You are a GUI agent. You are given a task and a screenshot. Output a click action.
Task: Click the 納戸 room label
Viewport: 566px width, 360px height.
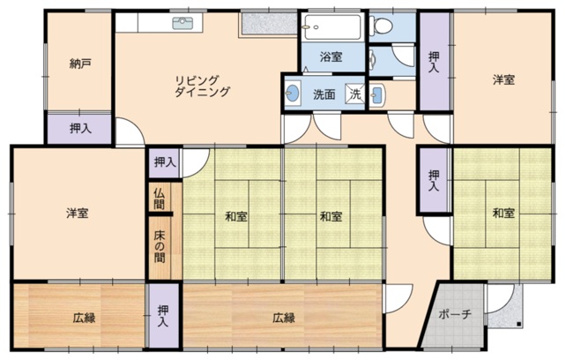(x=79, y=64)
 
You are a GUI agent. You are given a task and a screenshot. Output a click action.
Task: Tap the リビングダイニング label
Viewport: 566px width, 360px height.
(x=202, y=86)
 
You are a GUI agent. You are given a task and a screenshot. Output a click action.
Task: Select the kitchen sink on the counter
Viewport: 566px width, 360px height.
(x=182, y=23)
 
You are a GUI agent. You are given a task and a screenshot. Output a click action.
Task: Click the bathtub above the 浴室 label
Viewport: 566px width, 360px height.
(x=331, y=27)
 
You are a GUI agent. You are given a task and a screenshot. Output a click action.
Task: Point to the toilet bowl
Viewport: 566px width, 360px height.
(x=383, y=25)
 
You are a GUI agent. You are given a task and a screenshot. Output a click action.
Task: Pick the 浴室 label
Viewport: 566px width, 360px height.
(x=331, y=56)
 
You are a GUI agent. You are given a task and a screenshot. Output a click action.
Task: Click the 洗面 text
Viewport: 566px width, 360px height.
(x=324, y=94)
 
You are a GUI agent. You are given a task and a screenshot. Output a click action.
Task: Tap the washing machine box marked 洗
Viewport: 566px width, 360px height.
(x=355, y=94)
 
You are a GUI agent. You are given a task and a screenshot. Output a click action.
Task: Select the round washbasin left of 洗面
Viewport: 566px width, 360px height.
(x=293, y=94)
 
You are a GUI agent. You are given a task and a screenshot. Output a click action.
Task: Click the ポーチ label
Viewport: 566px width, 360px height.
(x=455, y=314)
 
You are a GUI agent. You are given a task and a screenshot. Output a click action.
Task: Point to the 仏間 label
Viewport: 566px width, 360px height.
(x=160, y=199)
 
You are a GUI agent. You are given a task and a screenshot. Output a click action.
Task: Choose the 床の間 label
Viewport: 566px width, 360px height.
(x=160, y=246)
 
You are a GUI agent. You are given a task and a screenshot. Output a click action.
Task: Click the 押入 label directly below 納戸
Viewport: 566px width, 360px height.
(x=80, y=128)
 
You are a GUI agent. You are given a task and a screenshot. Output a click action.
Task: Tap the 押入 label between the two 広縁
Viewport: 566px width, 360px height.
(x=163, y=316)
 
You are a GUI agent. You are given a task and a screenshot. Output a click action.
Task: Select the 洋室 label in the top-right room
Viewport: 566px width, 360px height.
(x=503, y=79)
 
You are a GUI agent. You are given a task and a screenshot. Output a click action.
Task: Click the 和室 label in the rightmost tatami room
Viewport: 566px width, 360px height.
(x=503, y=213)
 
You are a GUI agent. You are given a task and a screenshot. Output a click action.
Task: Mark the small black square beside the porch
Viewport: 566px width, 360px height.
(x=518, y=324)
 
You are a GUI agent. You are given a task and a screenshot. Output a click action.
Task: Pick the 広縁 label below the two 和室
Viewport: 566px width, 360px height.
(x=284, y=318)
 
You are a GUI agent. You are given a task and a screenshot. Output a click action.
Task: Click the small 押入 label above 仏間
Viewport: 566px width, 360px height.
(x=165, y=162)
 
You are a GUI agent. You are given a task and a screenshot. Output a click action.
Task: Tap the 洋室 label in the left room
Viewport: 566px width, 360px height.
(x=78, y=213)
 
